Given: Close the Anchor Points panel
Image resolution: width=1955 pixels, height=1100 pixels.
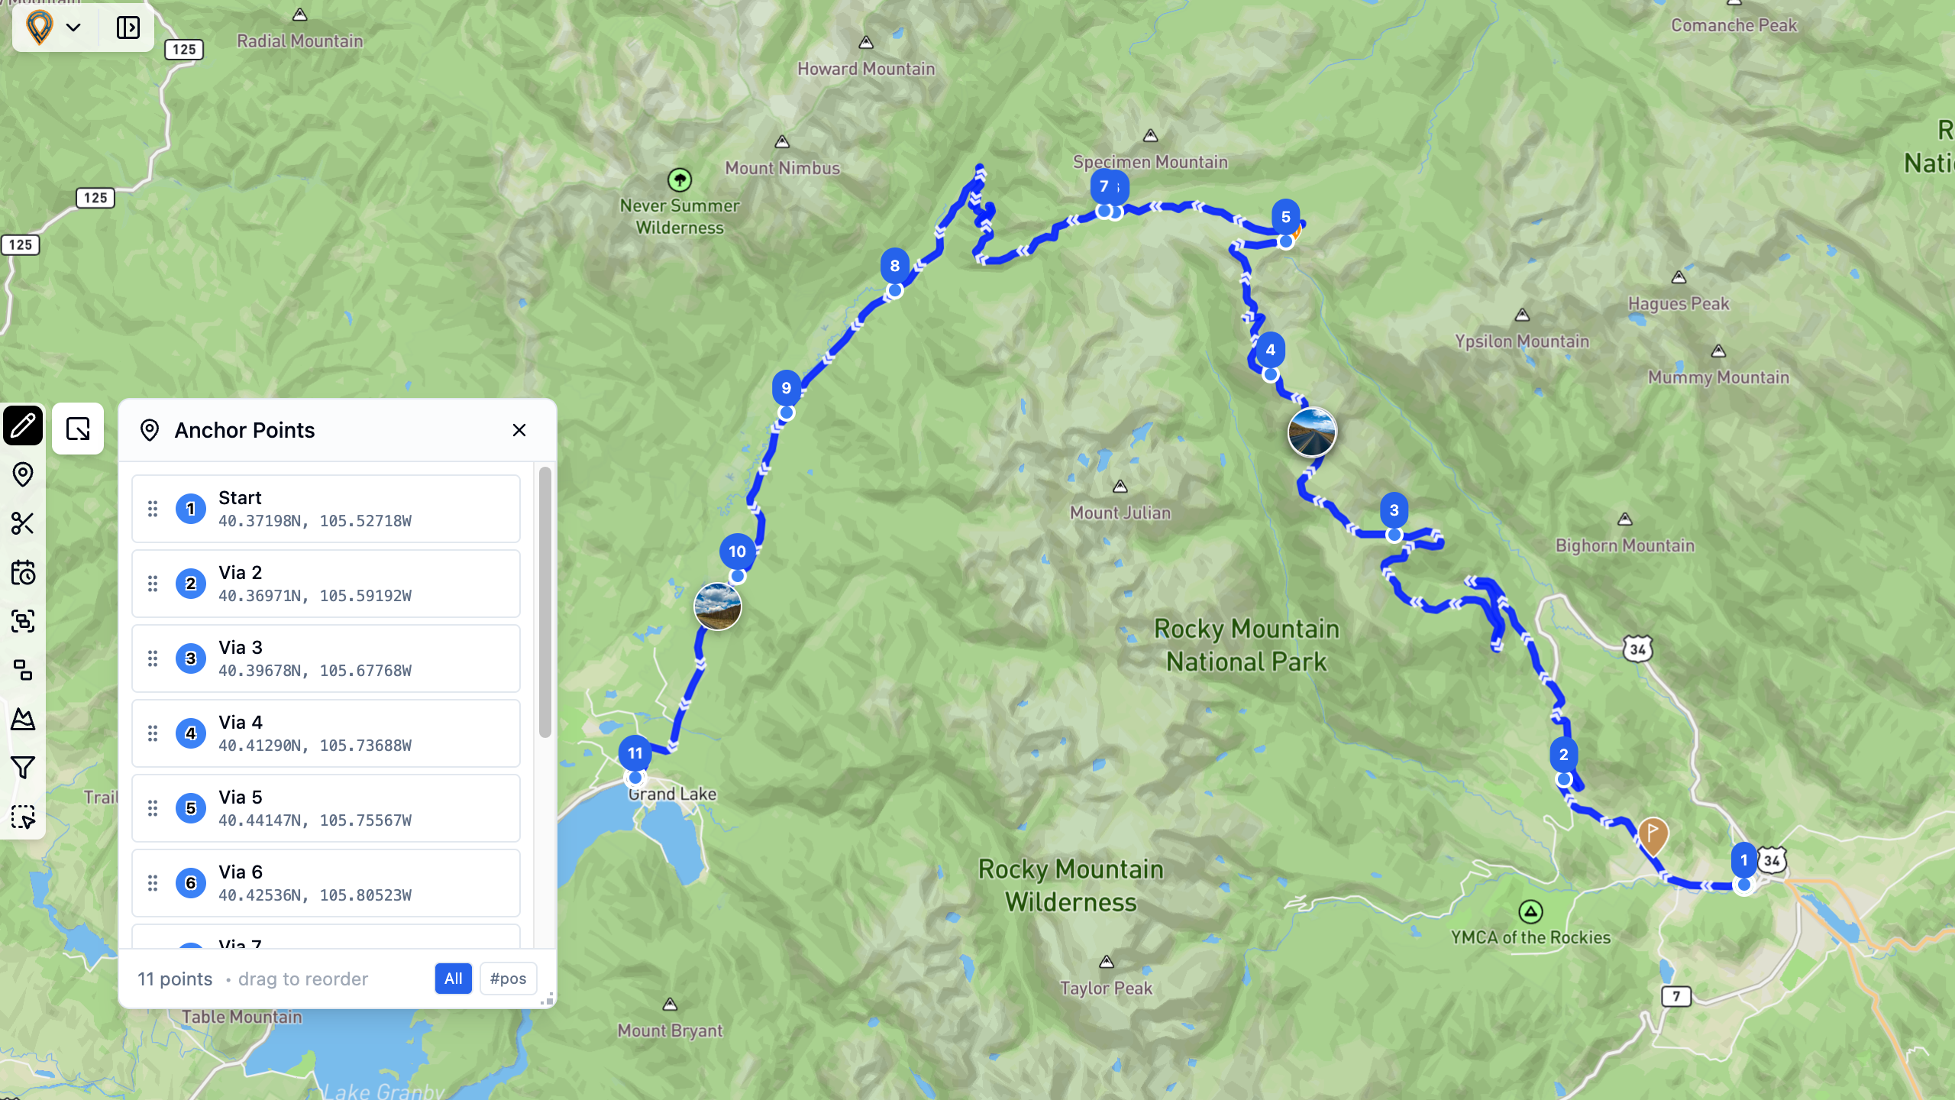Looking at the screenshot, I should pos(519,430).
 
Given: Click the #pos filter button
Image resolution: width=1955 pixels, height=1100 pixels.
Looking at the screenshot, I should pos(508,979).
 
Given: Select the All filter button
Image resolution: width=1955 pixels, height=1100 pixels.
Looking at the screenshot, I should pos(453,979).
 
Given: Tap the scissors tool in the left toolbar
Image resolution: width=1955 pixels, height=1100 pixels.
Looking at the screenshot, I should pos(23,523).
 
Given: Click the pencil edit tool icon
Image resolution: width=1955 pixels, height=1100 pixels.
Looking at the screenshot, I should pos(23,425).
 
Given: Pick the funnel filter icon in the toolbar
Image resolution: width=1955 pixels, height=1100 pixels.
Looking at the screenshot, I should pos(23,768).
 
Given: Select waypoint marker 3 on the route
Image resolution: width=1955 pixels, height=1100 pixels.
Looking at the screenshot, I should pos(1394,511).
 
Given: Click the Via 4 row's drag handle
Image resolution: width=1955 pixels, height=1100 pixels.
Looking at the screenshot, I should pos(153,733).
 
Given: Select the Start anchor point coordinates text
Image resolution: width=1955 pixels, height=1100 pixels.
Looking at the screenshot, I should pos(315,521).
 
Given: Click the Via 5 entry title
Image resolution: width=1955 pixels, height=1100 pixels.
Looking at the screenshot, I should pos(240,797).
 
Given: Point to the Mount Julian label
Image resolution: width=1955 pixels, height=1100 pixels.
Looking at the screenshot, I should pos(1120,513).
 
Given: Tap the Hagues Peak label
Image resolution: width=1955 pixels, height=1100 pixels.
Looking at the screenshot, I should pos(1678,303).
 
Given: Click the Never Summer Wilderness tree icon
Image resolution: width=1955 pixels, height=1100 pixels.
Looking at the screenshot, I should pos(679,180).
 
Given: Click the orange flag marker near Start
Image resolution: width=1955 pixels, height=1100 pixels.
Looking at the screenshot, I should pos(1653,835).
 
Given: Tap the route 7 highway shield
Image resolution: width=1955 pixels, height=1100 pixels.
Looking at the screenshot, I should pos(1676,996).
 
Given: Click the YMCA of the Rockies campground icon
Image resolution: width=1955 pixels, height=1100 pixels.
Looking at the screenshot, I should pos(1530,911).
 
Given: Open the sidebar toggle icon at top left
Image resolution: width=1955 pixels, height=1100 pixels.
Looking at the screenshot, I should pos(128,27).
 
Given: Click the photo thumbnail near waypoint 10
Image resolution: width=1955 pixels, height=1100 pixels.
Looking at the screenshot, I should pos(717,607).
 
